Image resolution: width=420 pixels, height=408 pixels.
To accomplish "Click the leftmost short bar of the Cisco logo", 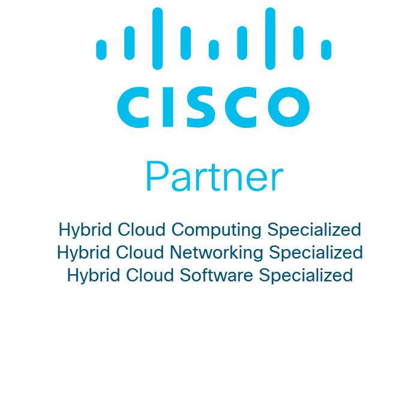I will click(x=101, y=50).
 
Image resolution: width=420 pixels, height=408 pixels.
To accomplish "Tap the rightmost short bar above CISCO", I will click(x=326, y=50).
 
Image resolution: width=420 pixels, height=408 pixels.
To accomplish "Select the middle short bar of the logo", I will click(x=214, y=50).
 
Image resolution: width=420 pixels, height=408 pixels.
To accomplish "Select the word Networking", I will click(x=217, y=253).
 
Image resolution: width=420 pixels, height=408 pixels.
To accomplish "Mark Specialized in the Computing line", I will click(x=314, y=230).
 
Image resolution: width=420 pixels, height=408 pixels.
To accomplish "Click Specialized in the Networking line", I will click(x=316, y=253).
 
